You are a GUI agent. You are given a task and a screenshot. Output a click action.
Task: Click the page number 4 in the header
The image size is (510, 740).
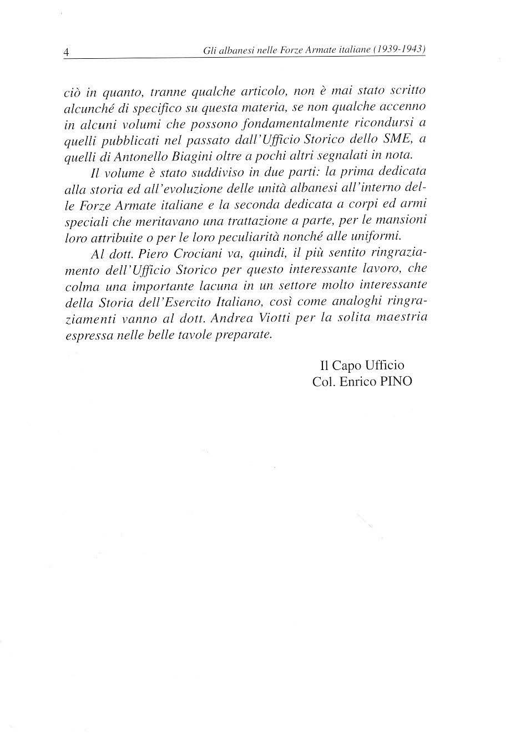(x=66, y=52)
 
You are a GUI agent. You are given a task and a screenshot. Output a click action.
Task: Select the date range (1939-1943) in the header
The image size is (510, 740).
(x=400, y=49)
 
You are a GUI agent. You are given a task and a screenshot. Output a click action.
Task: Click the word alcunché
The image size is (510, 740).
(x=84, y=105)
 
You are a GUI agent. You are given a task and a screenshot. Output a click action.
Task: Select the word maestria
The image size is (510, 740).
(x=401, y=318)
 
